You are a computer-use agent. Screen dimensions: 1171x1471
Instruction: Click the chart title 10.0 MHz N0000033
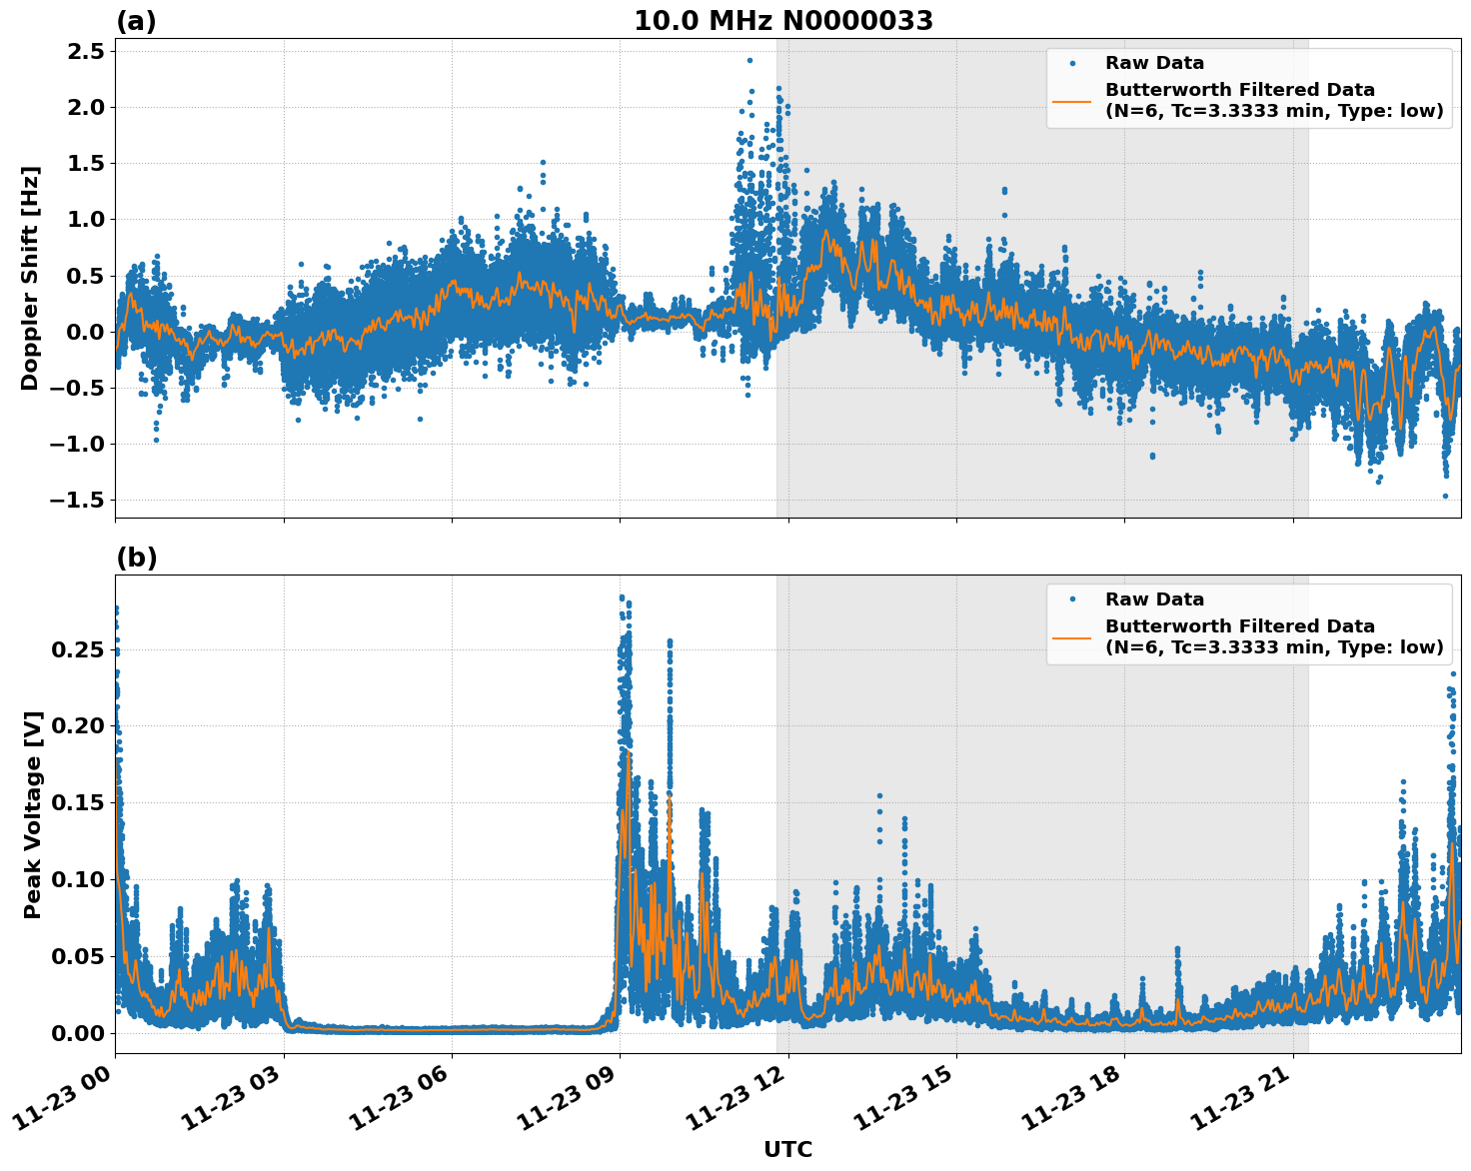pos(783,21)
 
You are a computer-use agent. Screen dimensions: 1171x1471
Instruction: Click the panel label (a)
pos(136,21)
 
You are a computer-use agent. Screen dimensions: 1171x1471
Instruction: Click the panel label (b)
pos(136,558)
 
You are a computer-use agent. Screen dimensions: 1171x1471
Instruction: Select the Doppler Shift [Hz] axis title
pos(30,278)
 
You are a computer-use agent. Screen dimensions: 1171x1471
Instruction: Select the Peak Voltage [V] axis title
pos(33,814)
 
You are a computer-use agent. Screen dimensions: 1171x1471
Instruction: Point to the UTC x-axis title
pos(787,1149)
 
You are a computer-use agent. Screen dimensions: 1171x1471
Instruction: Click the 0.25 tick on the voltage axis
pos(78,649)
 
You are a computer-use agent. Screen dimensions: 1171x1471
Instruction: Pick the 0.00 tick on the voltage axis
pos(78,1032)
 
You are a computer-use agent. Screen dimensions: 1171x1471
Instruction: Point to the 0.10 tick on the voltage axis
pos(78,879)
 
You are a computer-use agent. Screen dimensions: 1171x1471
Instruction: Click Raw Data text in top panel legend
pos(1154,63)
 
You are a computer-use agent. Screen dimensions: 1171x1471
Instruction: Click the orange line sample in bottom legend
pos(1071,637)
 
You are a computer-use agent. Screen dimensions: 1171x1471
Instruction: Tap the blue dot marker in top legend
pos(1071,63)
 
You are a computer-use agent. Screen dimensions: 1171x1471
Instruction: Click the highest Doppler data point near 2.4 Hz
pos(749,60)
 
